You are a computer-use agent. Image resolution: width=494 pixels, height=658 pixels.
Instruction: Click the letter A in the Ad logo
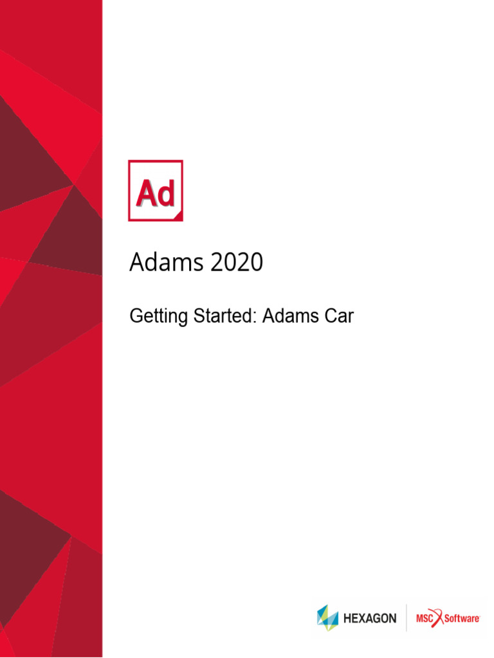click(x=145, y=193)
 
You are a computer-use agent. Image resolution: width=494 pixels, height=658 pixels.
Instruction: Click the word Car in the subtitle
click(x=339, y=316)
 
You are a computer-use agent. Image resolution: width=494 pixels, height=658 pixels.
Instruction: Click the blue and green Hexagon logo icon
click(x=327, y=618)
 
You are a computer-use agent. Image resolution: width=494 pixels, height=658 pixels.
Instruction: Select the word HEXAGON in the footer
click(x=370, y=619)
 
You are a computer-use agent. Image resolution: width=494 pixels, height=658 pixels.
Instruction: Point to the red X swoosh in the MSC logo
click(x=440, y=618)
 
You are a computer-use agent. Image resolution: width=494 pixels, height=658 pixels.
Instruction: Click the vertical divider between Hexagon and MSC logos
click(x=406, y=618)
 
